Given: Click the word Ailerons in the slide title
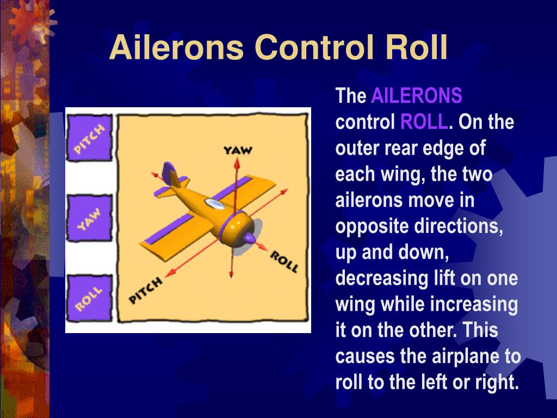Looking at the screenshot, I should (176, 48).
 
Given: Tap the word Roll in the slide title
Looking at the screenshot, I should (416, 48).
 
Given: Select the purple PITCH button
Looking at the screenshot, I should (89, 138).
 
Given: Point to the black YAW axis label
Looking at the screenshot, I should (238, 150).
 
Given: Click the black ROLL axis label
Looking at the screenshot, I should (284, 261).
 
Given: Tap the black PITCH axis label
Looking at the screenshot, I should (146, 290).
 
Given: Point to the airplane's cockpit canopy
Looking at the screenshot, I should (214, 204).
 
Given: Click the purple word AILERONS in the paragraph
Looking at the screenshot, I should (416, 96).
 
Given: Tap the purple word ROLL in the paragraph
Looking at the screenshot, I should (424, 122).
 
